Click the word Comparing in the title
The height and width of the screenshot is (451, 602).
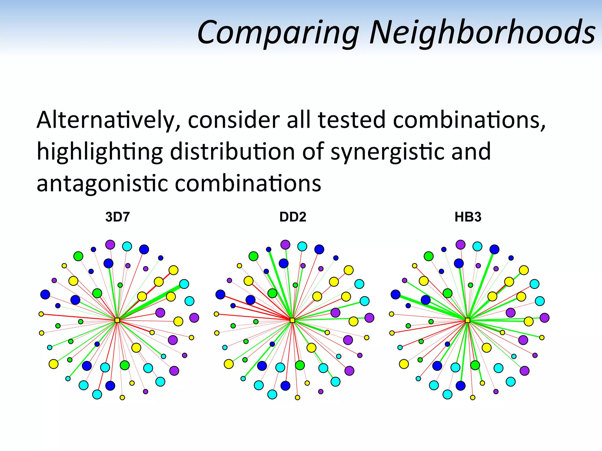coord(278,32)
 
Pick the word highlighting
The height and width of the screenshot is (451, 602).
coord(100,152)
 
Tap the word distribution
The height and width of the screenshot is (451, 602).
coord(232,152)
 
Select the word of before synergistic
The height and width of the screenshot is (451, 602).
coord(313,152)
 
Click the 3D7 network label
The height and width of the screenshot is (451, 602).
coord(118,217)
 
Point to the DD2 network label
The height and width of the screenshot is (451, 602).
coord(293,217)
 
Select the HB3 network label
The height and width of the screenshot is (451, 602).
coord(468,217)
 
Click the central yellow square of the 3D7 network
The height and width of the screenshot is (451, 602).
coord(117,320)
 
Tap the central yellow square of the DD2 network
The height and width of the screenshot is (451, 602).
coord(292,320)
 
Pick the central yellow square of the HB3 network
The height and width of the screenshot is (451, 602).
coord(468,320)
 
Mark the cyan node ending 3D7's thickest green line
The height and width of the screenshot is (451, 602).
coord(184,284)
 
